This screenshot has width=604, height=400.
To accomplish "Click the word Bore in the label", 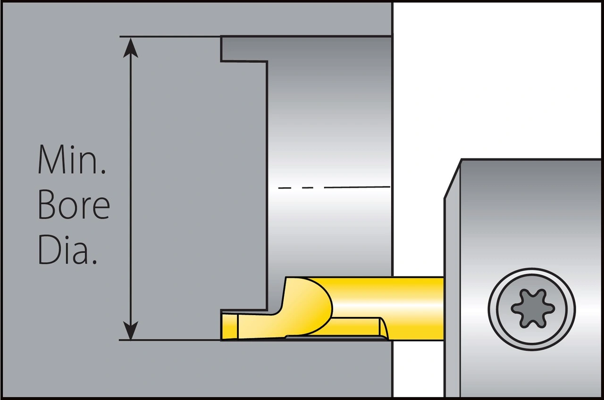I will [74, 206].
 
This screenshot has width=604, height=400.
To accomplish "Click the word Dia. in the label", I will [67, 252].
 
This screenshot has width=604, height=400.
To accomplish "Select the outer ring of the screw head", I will [532, 271].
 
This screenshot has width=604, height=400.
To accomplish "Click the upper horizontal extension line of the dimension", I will [170, 36].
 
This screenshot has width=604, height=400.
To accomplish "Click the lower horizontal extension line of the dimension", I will [170, 340].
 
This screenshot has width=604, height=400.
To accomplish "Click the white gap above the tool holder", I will [495, 80].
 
